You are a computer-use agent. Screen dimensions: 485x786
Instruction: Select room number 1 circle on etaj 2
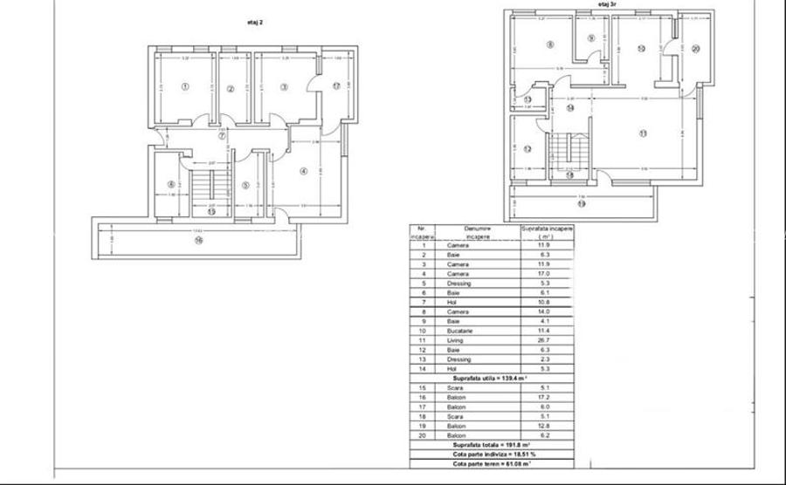[185, 86]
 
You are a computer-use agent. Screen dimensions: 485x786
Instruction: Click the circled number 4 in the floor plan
[303, 171]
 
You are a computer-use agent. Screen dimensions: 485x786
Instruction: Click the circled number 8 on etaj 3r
[550, 44]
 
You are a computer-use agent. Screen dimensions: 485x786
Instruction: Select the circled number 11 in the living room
[643, 133]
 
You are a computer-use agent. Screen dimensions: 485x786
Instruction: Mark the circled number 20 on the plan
[695, 49]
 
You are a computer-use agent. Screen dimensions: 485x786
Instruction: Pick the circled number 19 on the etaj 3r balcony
[582, 203]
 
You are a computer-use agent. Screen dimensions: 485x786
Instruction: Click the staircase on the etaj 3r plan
[569, 154]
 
